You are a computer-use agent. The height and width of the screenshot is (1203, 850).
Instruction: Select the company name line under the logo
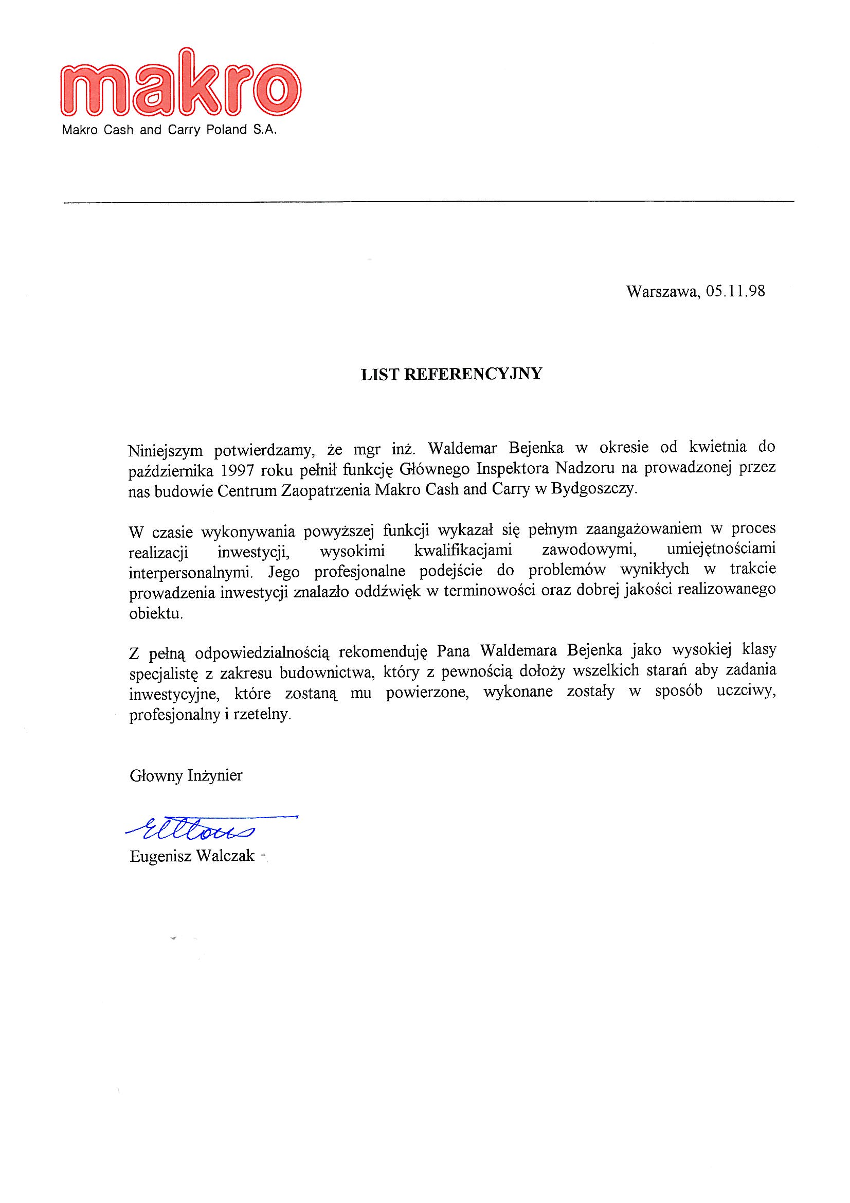[x=169, y=130]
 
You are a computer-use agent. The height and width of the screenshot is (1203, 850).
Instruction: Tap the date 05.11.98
[x=735, y=291]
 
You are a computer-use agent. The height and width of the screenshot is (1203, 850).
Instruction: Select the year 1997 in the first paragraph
[x=238, y=469]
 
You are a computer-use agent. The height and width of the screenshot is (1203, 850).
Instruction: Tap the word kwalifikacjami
[x=462, y=551]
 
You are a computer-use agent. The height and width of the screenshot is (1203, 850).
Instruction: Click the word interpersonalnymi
[x=192, y=572]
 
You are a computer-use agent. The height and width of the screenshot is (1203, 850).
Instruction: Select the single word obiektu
[x=156, y=613]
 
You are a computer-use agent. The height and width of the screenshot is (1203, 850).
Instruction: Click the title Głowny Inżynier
[x=186, y=775]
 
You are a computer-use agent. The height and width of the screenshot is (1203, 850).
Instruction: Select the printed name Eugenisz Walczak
[x=192, y=856]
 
